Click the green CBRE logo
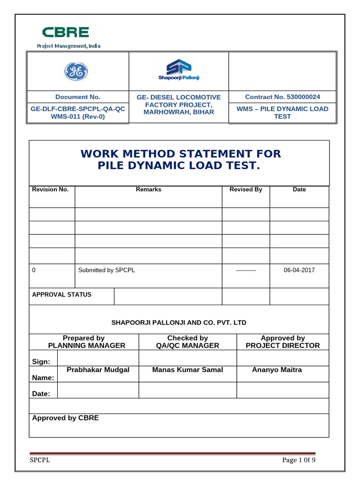pos(66,32)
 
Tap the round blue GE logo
pos(76,72)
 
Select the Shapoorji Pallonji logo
pos(178,70)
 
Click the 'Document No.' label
pos(78,97)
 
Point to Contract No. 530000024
pos(283,97)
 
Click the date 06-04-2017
pos(300,270)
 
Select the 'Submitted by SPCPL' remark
pos(106,270)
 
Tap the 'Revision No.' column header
pos(50,189)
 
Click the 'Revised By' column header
pos(246,189)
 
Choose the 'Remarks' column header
pos(148,189)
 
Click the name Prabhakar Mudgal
pos(98,370)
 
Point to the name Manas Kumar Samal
pos(187,370)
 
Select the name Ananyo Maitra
pos(277,370)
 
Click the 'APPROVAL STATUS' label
pos(61,295)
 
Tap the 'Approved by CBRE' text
pos(65,418)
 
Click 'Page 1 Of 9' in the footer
pos(299,460)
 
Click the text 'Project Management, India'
pos(69,46)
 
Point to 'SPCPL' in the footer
pos(40,460)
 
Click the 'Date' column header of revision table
pos(299,189)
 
